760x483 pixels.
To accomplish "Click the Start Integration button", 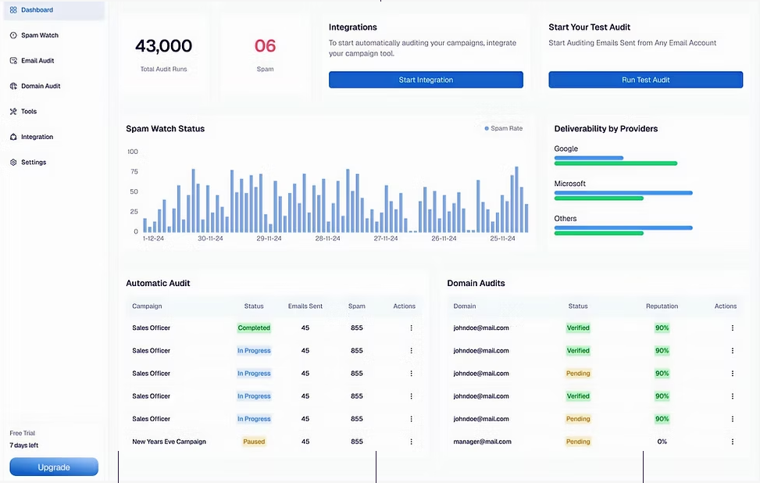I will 426,80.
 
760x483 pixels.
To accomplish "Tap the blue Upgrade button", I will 54,467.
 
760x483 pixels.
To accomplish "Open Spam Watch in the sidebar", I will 39,35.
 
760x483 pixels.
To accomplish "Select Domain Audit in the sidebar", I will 41,86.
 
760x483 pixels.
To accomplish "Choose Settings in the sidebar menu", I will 33,163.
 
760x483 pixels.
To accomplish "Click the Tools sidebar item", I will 28,112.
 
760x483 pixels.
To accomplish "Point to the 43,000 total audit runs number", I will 163,46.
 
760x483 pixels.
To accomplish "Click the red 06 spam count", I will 265,46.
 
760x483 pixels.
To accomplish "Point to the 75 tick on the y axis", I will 133,172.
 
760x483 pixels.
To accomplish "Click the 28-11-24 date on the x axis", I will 328,238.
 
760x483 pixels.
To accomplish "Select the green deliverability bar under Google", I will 615,163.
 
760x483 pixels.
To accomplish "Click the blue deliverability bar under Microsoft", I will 623,192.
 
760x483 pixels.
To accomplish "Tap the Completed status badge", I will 254,328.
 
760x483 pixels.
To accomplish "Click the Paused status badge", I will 254,442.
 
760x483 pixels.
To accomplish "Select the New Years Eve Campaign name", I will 169,442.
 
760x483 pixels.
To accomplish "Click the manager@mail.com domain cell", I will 482,442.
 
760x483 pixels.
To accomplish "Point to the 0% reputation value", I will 662,442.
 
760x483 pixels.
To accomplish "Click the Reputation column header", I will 662,306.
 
